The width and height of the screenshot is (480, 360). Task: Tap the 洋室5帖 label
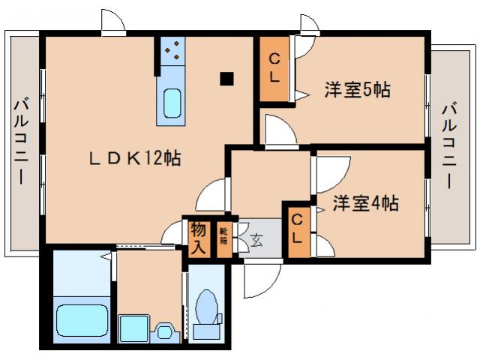(x=357, y=90)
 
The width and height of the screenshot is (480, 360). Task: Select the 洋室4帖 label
(x=365, y=202)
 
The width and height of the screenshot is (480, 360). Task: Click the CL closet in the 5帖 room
(x=274, y=68)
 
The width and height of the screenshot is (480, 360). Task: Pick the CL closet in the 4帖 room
(x=298, y=229)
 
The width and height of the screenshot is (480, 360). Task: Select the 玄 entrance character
(x=257, y=241)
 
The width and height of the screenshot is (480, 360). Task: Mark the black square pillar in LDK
(x=226, y=78)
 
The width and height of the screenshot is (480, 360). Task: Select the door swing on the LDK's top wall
(x=113, y=23)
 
